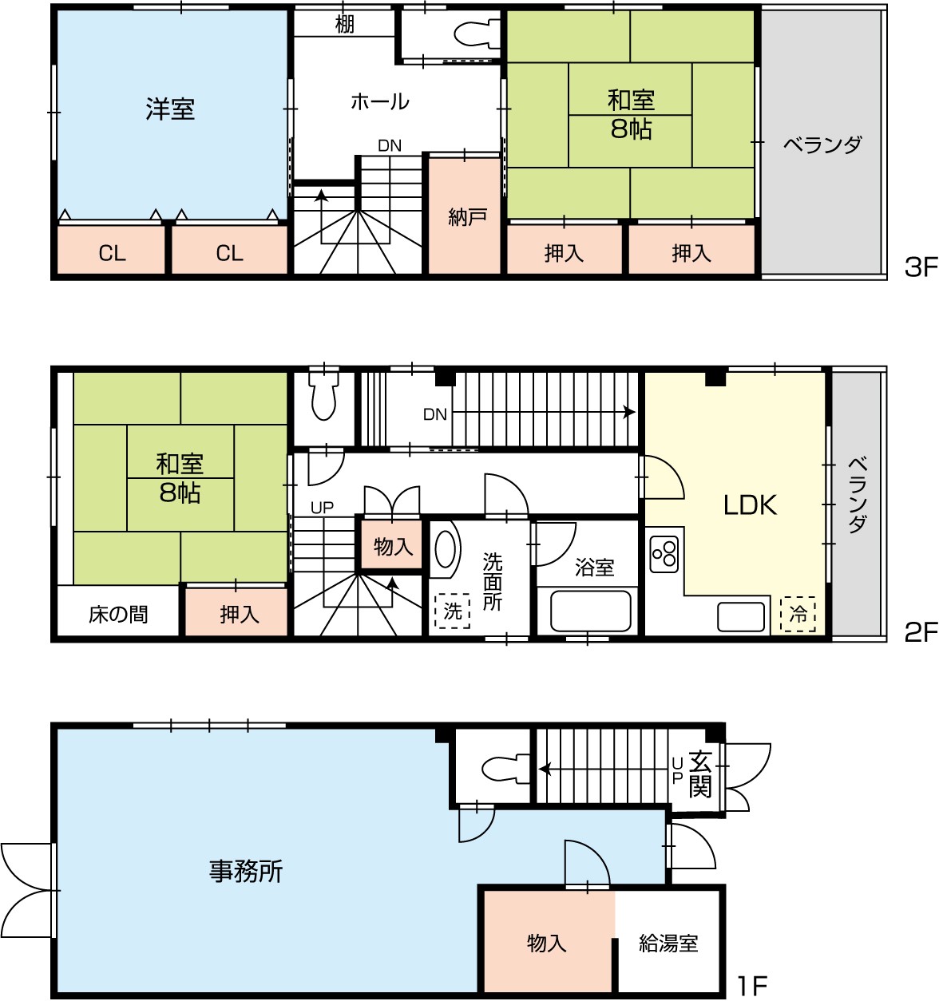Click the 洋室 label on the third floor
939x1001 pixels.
coord(170,109)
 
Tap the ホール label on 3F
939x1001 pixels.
coord(380,102)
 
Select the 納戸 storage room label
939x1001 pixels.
coord(467,217)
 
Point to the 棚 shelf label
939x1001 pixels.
coord(345,24)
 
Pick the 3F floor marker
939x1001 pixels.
coord(921,267)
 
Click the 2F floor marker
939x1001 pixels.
coord(921,632)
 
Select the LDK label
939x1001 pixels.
coord(750,504)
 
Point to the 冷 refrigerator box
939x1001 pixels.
coord(798,614)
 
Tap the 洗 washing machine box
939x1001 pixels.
coord(453,611)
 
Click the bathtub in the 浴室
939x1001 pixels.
coord(591,611)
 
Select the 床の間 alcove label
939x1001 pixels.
coord(118,615)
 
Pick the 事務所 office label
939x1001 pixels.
coord(246,870)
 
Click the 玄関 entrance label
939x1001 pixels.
coord(700,773)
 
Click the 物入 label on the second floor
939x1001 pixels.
coord(393,546)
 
